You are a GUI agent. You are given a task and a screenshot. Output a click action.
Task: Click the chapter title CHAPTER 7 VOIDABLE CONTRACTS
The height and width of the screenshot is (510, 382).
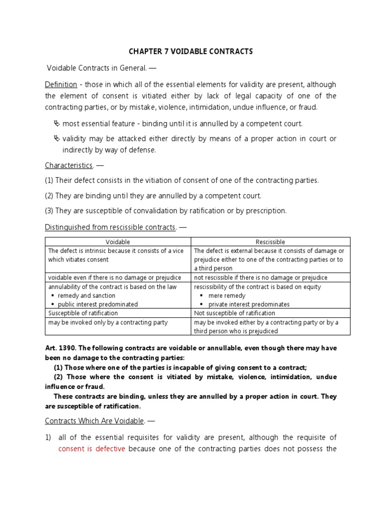pyautogui.click(x=191, y=51)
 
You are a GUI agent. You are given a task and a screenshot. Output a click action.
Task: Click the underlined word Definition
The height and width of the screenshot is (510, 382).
pyautogui.click(x=61, y=84)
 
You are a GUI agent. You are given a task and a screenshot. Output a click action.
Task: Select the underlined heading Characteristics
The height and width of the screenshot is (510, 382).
pyautogui.click(x=69, y=165)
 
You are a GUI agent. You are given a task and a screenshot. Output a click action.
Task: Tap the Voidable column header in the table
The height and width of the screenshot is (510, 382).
pyautogui.click(x=118, y=242)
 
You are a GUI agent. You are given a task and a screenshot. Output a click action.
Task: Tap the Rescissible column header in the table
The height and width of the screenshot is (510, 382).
pyautogui.click(x=271, y=242)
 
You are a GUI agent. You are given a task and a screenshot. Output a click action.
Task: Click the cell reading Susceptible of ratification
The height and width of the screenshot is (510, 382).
pyautogui.click(x=83, y=313)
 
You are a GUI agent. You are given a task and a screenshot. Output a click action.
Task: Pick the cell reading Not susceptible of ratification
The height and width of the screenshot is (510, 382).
pyautogui.click(x=234, y=313)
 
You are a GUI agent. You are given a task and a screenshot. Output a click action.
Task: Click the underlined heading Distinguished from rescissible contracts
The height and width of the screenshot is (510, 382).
pyautogui.click(x=110, y=227)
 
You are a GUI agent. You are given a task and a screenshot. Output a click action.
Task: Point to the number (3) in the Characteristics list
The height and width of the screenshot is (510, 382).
pyautogui.click(x=49, y=211)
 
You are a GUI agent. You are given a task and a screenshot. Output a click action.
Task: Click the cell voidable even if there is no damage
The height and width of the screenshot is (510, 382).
pyautogui.click(x=114, y=277)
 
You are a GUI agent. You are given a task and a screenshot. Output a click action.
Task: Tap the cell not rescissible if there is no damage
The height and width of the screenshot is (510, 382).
pyautogui.click(x=261, y=277)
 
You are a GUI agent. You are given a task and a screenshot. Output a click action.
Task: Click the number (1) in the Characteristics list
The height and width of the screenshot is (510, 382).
pyautogui.click(x=49, y=180)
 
